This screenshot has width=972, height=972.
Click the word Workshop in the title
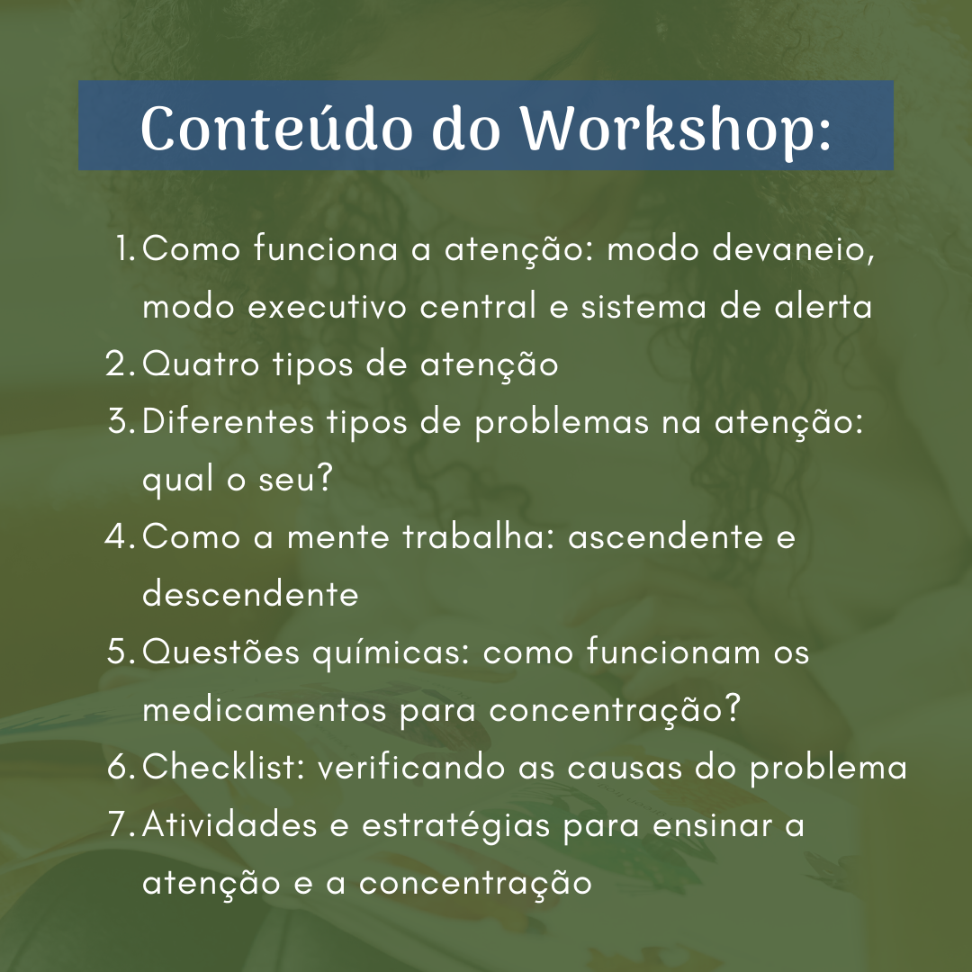[675, 129]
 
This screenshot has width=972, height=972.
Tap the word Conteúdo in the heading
[276, 128]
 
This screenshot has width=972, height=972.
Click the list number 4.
[121, 536]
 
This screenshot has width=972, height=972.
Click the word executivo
[327, 307]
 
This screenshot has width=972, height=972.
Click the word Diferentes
[228, 421]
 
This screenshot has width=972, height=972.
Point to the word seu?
[296, 479]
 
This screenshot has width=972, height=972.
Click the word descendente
[250, 594]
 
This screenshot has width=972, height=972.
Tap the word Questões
[221, 652]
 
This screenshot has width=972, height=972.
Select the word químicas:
[391, 652]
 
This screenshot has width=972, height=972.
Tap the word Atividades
[229, 824]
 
